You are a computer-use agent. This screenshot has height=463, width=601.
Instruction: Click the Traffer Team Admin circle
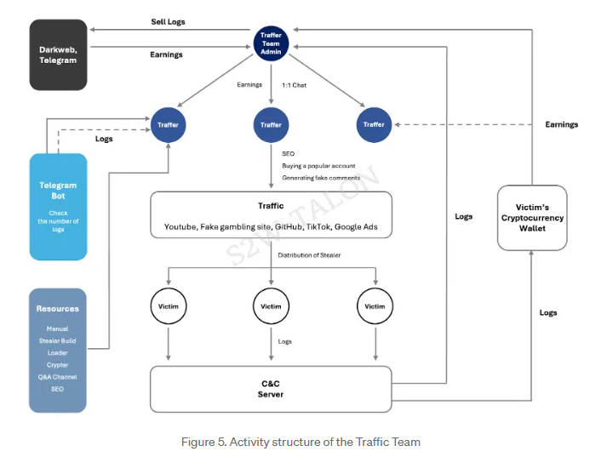tap(271, 40)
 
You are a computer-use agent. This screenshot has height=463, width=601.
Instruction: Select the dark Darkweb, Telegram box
tap(58, 54)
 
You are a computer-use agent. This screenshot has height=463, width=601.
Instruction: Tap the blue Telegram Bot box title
tap(58, 190)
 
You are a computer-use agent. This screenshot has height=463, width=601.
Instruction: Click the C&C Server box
tap(271, 389)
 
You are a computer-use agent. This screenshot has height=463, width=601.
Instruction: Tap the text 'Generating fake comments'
tap(321, 178)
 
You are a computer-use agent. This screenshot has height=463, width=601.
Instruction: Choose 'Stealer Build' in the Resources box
tap(58, 340)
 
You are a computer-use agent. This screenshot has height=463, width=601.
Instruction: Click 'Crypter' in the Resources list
tap(58, 364)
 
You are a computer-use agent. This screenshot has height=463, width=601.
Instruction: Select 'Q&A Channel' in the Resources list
tap(58, 376)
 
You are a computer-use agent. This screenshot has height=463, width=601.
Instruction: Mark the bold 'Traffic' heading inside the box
tap(271, 206)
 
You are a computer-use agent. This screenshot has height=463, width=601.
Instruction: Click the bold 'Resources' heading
tap(58, 309)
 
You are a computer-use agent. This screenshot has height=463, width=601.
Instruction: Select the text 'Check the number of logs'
tap(58, 221)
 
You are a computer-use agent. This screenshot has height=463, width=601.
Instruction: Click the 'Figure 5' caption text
tap(300, 441)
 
